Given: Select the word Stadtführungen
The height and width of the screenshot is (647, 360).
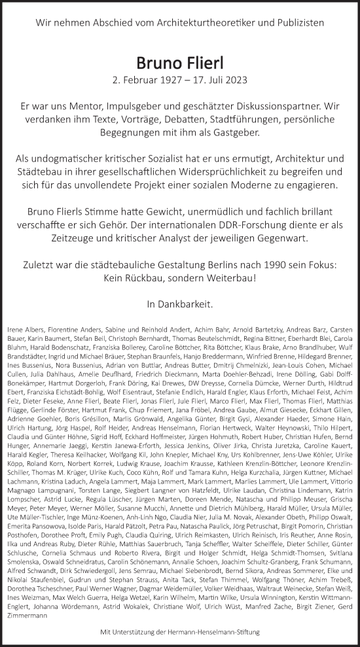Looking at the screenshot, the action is point(229,119).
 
